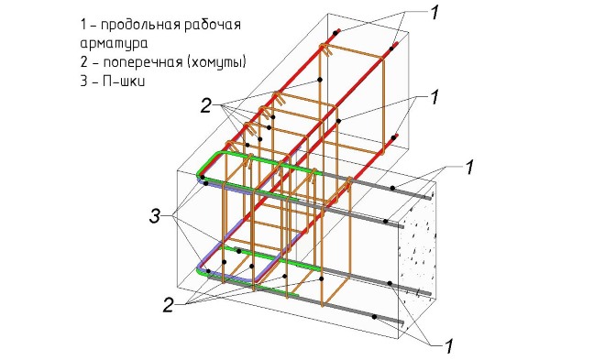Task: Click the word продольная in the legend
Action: click(140, 26)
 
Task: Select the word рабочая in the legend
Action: click(213, 25)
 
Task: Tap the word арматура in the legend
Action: click(114, 44)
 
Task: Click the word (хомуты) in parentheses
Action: click(217, 62)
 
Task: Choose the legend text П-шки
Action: click(124, 82)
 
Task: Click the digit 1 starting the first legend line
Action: click(83, 25)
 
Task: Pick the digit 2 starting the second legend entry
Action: click(84, 62)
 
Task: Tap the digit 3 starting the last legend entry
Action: click(84, 82)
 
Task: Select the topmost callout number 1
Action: click(434, 12)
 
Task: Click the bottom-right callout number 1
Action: click(448, 345)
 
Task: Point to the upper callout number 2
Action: click(205, 105)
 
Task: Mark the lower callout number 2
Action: click(169, 305)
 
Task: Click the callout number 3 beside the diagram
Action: click(155, 216)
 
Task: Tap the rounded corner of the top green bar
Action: click(204, 162)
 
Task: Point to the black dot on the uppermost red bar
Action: click(335, 34)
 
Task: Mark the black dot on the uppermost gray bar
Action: click(392, 188)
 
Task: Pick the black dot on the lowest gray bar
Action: click(374, 317)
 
